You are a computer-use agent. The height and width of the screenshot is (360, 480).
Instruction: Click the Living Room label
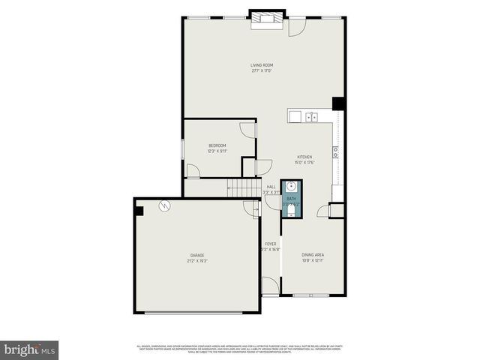(261, 65)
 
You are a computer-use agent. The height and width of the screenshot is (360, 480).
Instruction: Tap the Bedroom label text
(217, 145)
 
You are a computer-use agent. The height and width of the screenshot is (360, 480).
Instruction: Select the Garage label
(196, 255)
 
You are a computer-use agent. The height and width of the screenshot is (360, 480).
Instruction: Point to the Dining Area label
(313, 255)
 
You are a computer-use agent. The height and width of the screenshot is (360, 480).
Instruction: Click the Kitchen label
(304, 157)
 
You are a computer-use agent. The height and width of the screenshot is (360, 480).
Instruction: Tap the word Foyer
(270, 244)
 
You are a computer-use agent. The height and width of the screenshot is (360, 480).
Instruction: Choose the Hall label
(271, 187)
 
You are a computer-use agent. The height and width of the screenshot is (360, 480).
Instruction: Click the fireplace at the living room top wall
(267, 19)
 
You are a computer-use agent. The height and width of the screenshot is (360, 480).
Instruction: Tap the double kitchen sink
(311, 116)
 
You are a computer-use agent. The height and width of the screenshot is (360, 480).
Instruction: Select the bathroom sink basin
(291, 187)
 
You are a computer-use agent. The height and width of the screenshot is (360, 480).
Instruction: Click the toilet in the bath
(291, 210)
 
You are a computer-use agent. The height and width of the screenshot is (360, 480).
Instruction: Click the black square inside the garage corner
(139, 210)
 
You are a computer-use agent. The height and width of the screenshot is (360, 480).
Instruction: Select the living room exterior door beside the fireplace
(298, 25)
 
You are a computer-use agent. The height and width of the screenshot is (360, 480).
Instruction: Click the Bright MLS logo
(30, 349)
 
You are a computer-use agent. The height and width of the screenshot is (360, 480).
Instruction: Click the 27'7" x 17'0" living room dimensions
(261, 71)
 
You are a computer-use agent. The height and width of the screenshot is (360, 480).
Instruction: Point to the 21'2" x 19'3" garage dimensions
(196, 261)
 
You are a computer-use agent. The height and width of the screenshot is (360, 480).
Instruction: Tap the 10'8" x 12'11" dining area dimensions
(313, 261)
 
